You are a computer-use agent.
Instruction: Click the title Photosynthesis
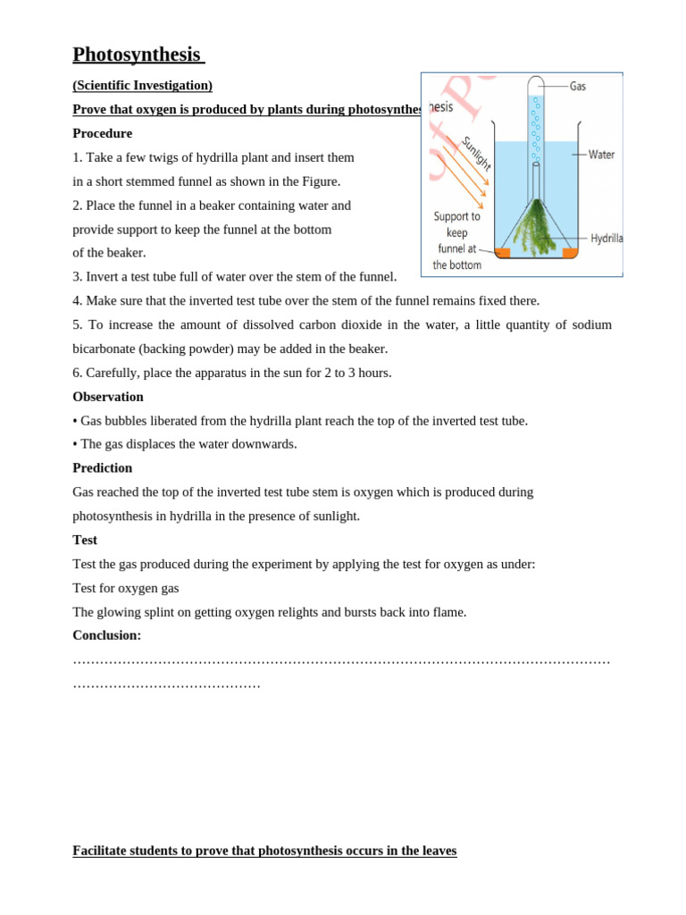(137, 55)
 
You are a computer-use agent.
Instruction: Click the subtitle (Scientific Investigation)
(142, 86)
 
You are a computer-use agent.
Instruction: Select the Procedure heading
(102, 133)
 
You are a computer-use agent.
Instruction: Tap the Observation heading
(107, 397)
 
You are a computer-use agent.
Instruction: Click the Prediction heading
(102, 468)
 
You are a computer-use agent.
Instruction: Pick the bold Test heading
(85, 540)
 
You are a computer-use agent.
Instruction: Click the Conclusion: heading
(106, 635)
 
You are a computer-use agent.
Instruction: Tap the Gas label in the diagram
(578, 87)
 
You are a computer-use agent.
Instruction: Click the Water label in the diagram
(601, 155)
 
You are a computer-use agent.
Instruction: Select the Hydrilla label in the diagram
(607, 239)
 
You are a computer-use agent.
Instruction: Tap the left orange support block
(503, 253)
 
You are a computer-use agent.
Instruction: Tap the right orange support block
(570, 253)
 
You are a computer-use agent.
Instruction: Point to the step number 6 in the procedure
(77, 373)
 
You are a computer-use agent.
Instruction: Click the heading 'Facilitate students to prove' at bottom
(264, 851)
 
